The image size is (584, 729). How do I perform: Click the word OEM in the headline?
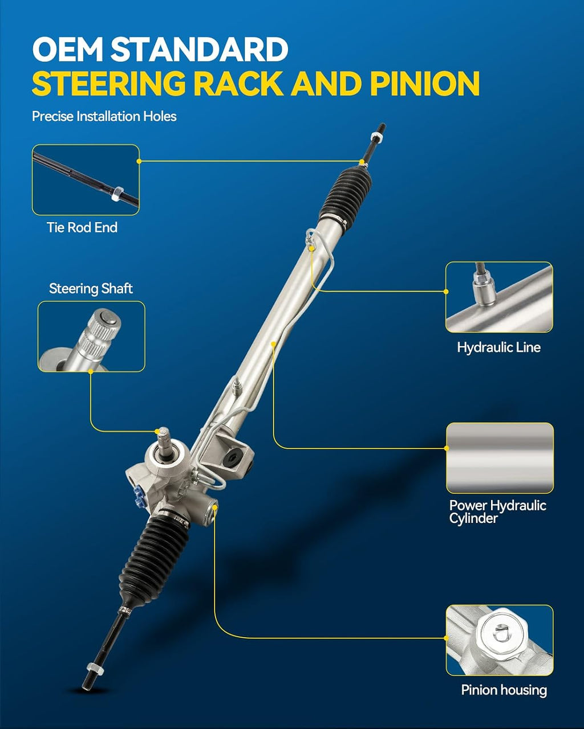(x=68, y=49)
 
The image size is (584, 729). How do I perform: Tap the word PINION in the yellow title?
(x=425, y=83)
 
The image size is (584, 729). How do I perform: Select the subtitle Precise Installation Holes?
(x=104, y=117)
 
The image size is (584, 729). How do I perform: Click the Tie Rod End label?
(x=82, y=227)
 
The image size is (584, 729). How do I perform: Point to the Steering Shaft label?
(x=91, y=289)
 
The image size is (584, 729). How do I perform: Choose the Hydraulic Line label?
(x=498, y=347)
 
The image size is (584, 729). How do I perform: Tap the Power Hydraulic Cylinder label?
(x=497, y=511)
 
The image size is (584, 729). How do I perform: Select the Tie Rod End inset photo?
(x=86, y=180)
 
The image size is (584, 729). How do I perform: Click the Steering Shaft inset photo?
(x=91, y=337)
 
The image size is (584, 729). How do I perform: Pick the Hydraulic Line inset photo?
(x=499, y=297)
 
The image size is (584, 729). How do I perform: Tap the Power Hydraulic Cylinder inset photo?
(x=500, y=458)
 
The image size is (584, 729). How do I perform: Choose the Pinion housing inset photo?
(x=500, y=640)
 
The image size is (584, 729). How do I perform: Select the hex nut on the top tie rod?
(x=377, y=137)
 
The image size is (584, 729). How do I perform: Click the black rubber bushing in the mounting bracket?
(x=232, y=458)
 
